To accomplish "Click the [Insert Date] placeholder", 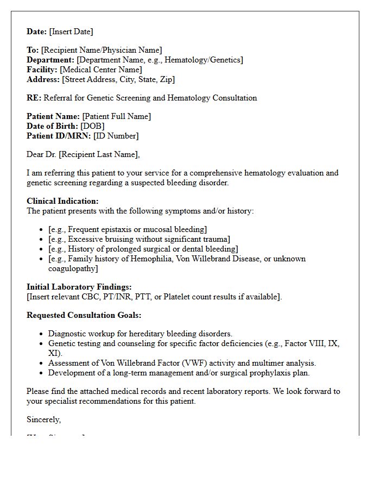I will point(71,32).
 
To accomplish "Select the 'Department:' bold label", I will point(50,60).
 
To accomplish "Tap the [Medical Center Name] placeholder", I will point(101,70).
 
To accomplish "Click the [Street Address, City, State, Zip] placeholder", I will point(118,79).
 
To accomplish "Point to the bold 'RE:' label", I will point(34,98).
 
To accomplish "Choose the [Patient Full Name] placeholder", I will point(116,116).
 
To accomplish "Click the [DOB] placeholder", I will point(93,126).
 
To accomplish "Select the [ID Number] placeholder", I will point(116,136).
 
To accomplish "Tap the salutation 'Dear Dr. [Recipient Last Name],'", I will point(83,154).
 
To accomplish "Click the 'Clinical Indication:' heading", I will point(62,201).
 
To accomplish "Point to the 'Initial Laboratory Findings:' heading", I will point(79,287).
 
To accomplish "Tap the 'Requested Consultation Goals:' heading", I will point(84,315).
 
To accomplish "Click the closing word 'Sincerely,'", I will point(44,419).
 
